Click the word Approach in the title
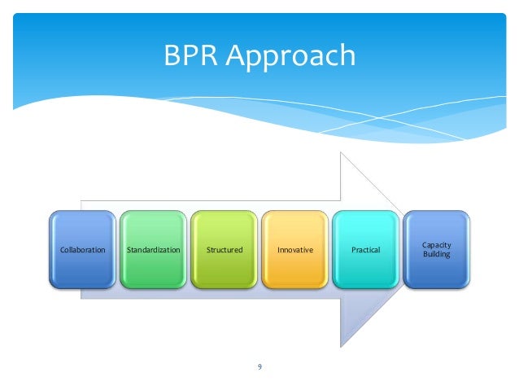coord(290,57)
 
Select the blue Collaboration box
coord(82,249)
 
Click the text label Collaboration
coord(82,249)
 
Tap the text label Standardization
coord(153,249)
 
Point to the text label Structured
coord(224,249)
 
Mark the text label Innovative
coord(294,249)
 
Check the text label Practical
coord(365,249)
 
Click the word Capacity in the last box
coord(436,244)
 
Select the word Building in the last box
coord(436,255)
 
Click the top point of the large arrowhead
coord(341,152)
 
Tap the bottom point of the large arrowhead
coord(341,345)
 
